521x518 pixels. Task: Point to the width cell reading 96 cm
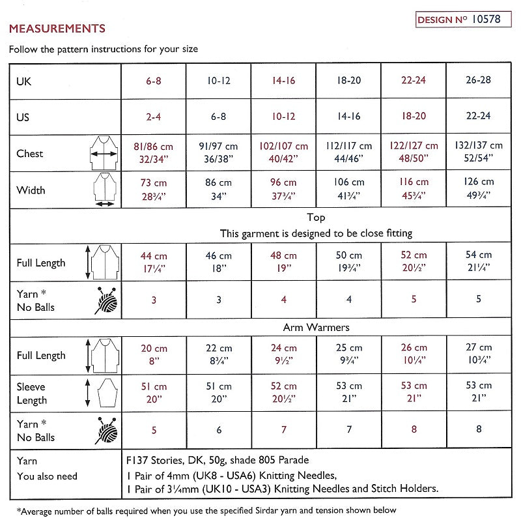tap(283, 190)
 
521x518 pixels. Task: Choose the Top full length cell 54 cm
tap(479, 262)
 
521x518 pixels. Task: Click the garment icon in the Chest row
tap(103, 154)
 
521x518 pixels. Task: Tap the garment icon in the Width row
tap(103, 190)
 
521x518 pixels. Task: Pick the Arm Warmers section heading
tap(316, 327)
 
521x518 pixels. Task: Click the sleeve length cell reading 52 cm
tap(283, 393)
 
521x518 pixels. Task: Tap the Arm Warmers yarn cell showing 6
tap(219, 430)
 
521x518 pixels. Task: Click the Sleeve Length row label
tap(33, 393)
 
